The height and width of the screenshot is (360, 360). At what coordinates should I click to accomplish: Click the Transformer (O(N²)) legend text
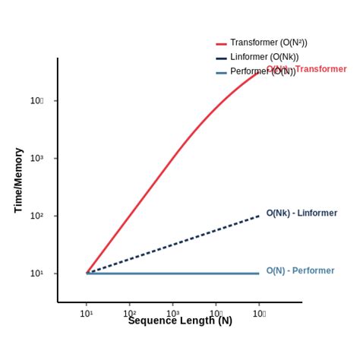pyautogui.click(x=268, y=43)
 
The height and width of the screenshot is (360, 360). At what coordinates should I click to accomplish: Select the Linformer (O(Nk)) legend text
pyautogui.click(x=264, y=57)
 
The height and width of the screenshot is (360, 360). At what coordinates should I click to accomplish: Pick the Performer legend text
pyautogui.click(x=251, y=71)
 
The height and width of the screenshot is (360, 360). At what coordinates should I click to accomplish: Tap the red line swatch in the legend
pyautogui.click(x=221, y=44)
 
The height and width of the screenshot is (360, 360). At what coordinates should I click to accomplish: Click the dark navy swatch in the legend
pyautogui.click(x=221, y=58)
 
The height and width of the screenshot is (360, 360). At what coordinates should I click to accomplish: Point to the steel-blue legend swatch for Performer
pyautogui.click(x=221, y=72)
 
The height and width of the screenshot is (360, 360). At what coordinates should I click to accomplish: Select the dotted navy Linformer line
pyautogui.click(x=175, y=245)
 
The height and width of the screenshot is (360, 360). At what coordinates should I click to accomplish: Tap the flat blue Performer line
pyautogui.click(x=175, y=273)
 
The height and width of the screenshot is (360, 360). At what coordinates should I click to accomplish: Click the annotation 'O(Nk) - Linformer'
pyautogui.click(x=302, y=213)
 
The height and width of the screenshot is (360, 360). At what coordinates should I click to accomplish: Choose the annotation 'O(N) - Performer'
pyautogui.click(x=300, y=271)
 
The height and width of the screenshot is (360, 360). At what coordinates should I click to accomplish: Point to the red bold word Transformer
pyautogui.click(x=321, y=69)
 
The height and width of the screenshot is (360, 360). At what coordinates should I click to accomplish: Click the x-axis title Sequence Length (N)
pyautogui.click(x=180, y=321)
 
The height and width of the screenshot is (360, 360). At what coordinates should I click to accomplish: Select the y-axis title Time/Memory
pyautogui.click(x=19, y=180)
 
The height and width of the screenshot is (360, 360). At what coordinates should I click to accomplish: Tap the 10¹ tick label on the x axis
pyautogui.click(x=87, y=313)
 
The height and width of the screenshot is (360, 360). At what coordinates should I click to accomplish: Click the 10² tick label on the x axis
pyautogui.click(x=130, y=313)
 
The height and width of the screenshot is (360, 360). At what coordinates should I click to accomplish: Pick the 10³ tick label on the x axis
pyautogui.click(x=172, y=313)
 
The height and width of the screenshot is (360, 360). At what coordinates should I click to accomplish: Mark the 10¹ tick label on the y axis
pyautogui.click(x=36, y=273)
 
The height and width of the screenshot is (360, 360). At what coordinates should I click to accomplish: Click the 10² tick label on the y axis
pyautogui.click(x=36, y=216)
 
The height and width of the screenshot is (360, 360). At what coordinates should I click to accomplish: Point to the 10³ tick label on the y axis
pyautogui.click(x=36, y=158)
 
